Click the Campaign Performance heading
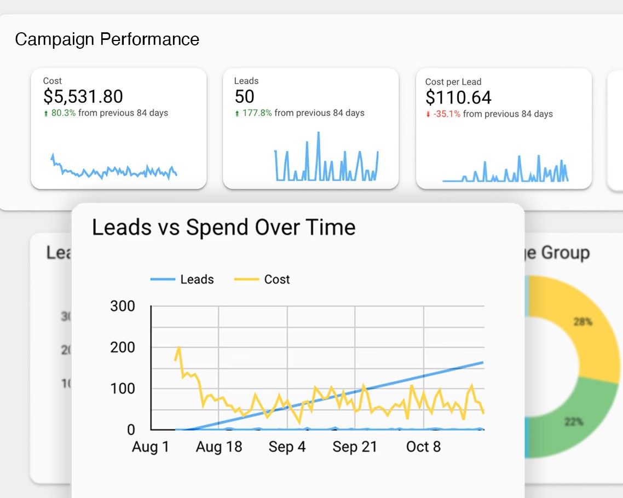coord(107,39)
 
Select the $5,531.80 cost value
coord(83,97)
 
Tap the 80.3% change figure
coord(64,113)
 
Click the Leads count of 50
coord(244,97)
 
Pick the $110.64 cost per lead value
coord(458,98)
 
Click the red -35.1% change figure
coord(447,114)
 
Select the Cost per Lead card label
coord(453,82)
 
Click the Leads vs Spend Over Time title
coord(223,227)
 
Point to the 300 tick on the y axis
coord(123,306)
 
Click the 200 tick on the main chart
coord(123,348)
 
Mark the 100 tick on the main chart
coord(123,389)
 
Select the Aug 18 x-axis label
coord(219,447)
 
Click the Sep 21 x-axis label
coord(355,447)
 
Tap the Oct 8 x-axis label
coord(423,447)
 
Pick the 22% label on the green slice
coord(573,421)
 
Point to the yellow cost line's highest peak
coord(179,347)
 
